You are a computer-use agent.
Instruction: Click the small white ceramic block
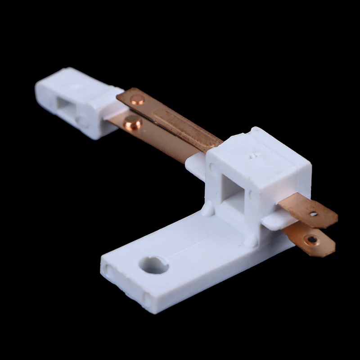click(76, 101)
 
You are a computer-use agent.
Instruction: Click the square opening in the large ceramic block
click(234, 193)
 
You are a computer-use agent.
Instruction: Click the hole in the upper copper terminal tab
click(313, 214)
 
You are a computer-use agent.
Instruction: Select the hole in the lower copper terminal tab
click(311, 239)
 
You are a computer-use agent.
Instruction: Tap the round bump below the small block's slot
click(79, 120)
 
